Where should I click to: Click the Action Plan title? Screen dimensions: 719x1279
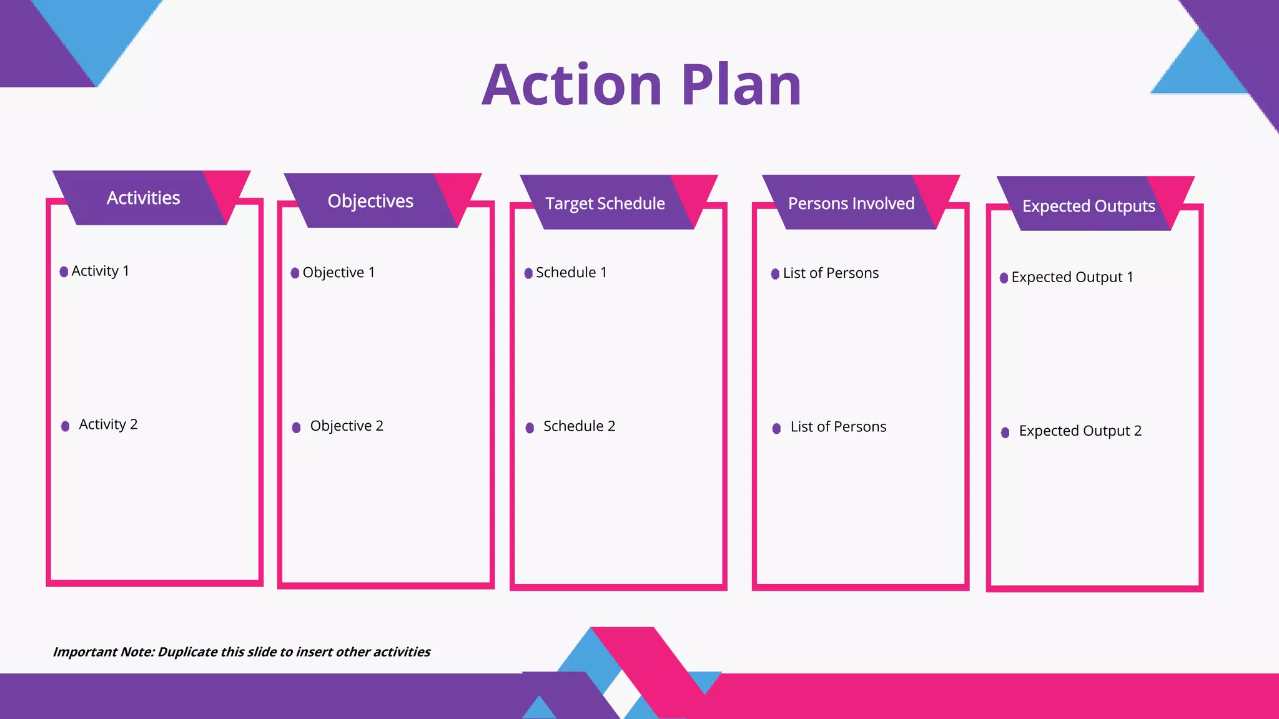click(641, 85)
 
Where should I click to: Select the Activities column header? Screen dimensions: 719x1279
click(144, 198)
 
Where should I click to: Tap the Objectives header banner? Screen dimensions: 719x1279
click(370, 201)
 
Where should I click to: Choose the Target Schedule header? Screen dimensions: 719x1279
click(605, 203)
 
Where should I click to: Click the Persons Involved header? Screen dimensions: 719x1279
click(851, 203)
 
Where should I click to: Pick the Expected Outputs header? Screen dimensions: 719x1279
click(1089, 206)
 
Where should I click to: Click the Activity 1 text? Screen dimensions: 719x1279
click(100, 271)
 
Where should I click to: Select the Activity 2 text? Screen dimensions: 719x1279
click(108, 424)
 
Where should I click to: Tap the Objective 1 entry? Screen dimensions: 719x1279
click(338, 273)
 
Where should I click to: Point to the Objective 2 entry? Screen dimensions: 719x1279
click(347, 426)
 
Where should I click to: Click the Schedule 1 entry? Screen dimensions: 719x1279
click(571, 273)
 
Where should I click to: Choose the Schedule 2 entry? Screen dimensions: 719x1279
click(579, 426)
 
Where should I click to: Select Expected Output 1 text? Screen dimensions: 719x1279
click(1072, 277)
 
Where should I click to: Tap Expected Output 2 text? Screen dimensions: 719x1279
click(1080, 431)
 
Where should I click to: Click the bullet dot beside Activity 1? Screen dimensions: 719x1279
click(64, 271)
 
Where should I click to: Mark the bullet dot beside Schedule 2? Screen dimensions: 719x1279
click(530, 428)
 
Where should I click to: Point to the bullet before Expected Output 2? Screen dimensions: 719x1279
click(1005, 433)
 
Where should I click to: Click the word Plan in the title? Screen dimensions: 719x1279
click(741, 85)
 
